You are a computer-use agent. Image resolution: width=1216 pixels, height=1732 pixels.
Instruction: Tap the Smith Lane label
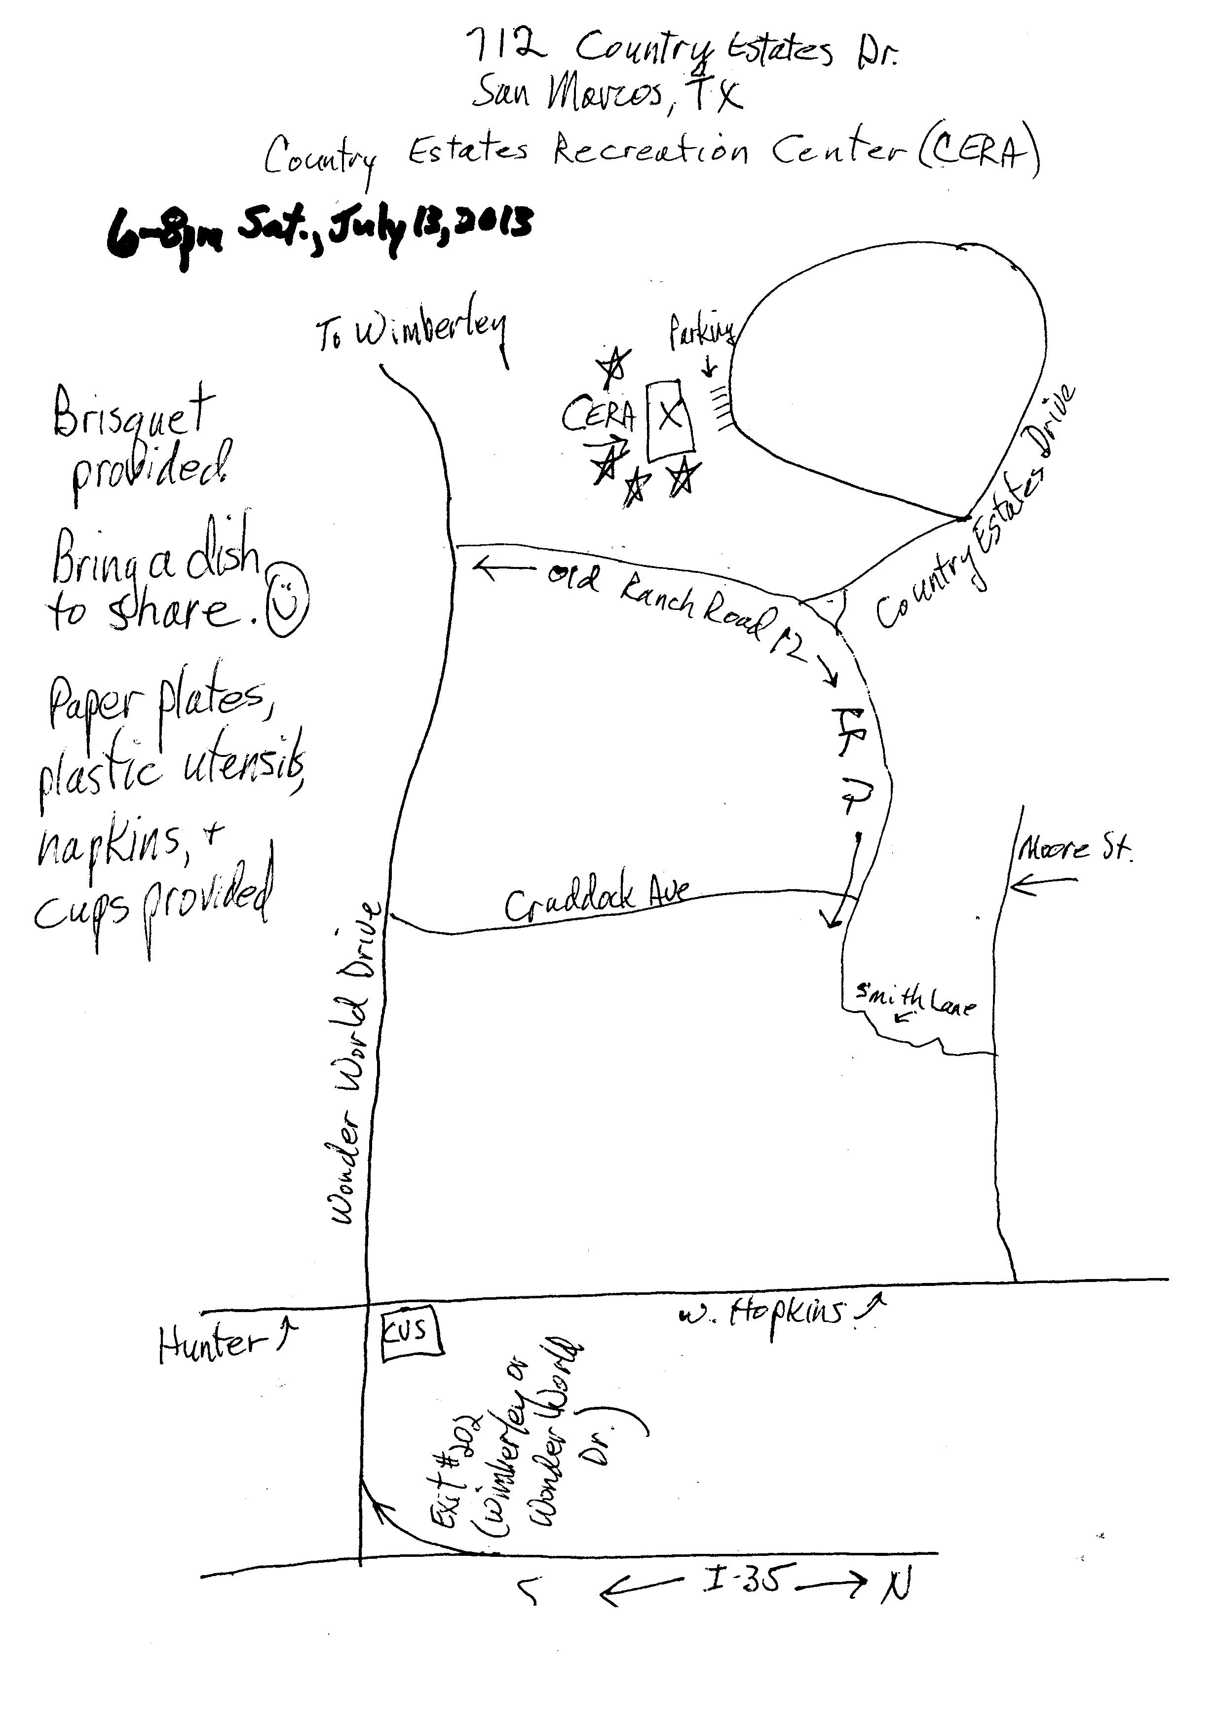pos(915,1001)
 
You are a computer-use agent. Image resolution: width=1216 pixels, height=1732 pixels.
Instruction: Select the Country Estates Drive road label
pos(977,513)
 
